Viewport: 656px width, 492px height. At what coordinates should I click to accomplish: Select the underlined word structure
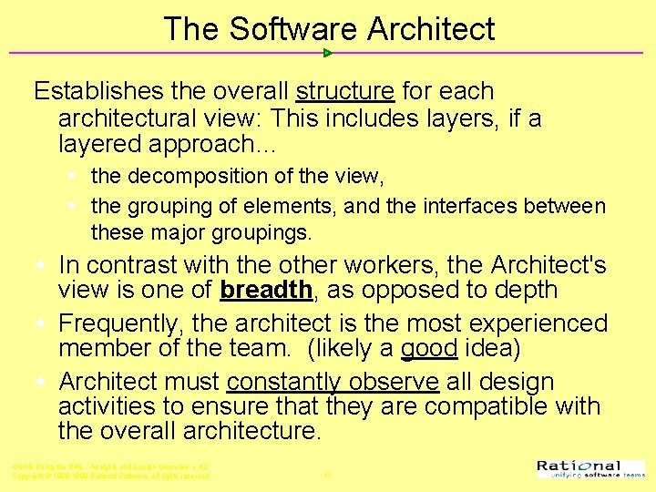point(344,92)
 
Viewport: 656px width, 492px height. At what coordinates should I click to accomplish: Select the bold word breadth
point(267,290)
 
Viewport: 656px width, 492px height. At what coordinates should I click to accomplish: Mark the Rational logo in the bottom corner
point(591,469)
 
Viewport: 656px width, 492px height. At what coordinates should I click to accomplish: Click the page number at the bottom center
point(326,475)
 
